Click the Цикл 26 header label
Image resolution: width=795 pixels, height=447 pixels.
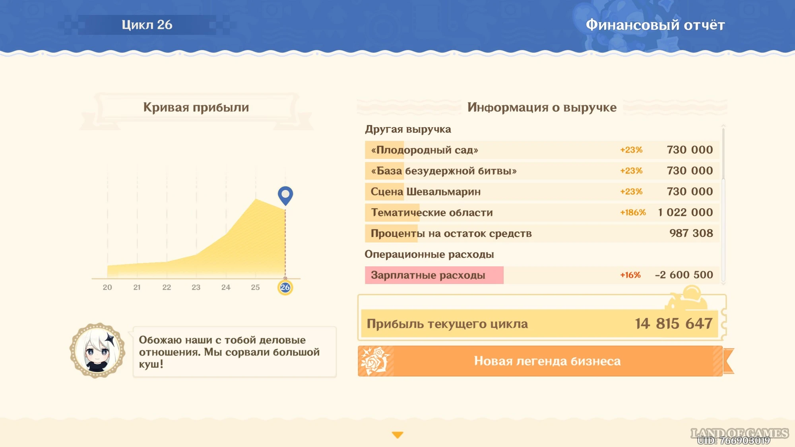coord(147,25)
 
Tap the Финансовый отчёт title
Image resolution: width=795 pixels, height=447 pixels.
coord(655,25)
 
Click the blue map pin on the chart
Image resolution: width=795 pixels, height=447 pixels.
coord(285,195)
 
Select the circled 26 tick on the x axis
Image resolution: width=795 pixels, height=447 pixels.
coord(285,287)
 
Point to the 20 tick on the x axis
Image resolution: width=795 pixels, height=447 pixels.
coord(107,287)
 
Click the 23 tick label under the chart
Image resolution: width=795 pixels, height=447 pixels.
coord(196,287)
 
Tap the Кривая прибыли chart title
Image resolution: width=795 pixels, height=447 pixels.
coord(196,107)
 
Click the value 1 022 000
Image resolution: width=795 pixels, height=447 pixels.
coord(685,212)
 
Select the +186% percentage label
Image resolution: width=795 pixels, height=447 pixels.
coord(633,213)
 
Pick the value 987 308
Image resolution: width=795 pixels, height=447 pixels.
coord(691,233)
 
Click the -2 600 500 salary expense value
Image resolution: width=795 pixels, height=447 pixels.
coord(684,275)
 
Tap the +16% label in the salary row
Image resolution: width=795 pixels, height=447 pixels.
coord(630,275)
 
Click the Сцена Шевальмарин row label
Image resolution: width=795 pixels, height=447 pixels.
coord(426,192)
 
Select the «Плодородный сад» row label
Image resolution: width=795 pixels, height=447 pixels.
coord(425,150)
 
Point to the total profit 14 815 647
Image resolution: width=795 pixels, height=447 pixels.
coord(673,323)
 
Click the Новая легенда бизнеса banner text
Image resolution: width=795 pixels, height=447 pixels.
coord(547,361)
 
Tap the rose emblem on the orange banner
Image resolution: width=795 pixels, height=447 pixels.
coord(375,361)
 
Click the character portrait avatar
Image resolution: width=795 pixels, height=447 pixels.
coord(97,350)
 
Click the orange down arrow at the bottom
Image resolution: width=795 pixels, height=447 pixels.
coord(397,435)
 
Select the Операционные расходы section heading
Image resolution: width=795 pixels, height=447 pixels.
coord(429,254)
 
